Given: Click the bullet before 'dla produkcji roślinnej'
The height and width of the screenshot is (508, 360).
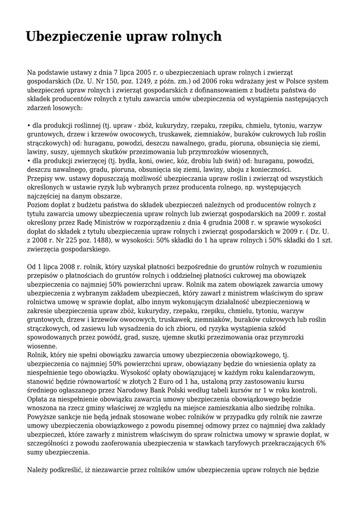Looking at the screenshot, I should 28,125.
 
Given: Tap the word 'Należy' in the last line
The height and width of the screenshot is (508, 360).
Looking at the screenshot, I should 37,469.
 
